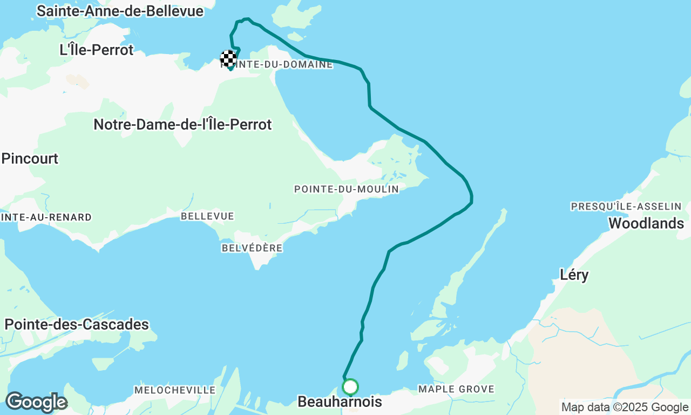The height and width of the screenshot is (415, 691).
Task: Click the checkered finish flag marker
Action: (228, 58)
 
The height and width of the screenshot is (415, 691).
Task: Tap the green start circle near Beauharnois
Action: (350, 387)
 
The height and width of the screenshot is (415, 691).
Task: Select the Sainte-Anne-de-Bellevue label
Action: (120, 11)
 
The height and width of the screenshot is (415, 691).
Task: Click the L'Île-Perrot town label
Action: (97, 50)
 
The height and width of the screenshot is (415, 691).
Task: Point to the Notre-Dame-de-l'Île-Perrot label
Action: (182, 124)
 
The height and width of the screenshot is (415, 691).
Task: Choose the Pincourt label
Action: (30, 158)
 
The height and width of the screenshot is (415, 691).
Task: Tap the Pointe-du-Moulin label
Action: (346, 189)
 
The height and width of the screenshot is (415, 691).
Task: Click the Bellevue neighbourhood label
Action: (207, 216)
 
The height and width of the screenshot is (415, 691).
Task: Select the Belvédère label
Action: (252, 248)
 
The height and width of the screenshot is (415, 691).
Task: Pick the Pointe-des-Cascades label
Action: (77, 324)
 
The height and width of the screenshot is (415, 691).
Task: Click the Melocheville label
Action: (175, 390)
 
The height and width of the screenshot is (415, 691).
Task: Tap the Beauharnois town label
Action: (340, 402)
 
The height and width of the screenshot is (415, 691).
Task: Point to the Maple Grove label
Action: (456, 389)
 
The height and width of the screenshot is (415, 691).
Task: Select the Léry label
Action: (574, 275)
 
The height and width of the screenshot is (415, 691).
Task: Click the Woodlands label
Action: (646, 223)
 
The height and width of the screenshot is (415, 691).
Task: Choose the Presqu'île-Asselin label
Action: (626, 206)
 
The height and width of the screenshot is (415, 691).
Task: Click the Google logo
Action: (36, 403)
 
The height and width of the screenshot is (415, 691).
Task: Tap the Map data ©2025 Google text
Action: (625, 407)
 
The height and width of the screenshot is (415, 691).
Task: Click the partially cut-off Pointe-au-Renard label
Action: (46, 217)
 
